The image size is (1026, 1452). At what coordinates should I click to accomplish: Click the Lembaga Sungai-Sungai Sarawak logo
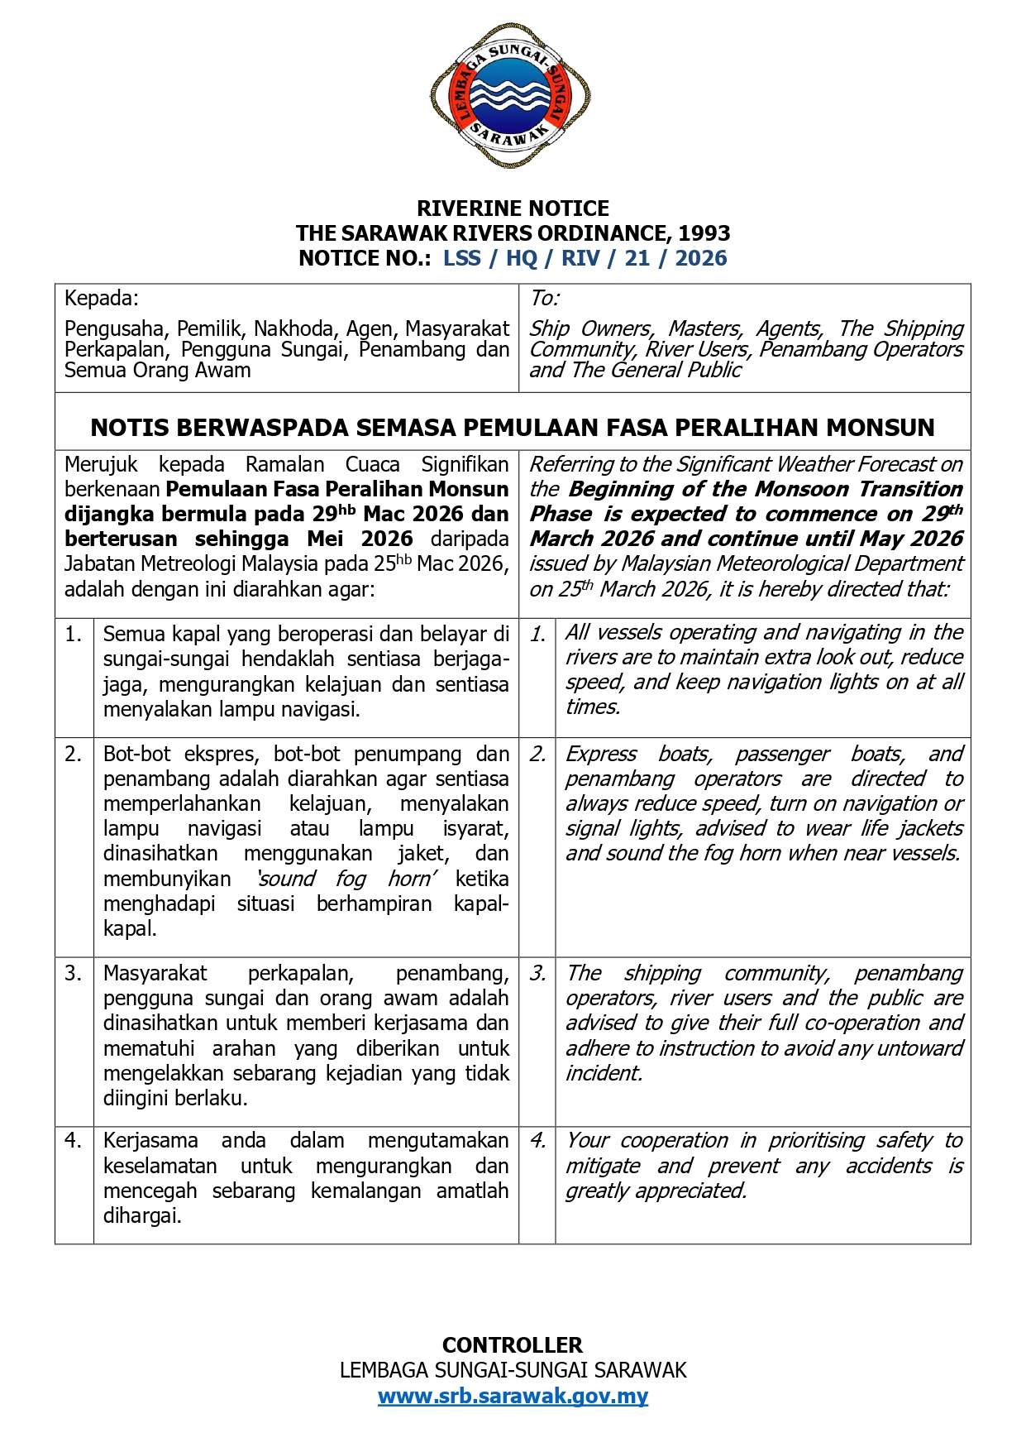coord(511,96)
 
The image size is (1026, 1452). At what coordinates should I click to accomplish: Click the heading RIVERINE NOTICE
coord(513,208)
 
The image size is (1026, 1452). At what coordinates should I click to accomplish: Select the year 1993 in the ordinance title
coord(704,232)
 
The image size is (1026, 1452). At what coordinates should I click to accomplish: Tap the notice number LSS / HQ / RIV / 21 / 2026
coord(585,258)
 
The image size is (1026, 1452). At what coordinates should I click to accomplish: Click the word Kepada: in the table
coord(102,298)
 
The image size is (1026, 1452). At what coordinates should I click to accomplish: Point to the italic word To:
coord(545,298)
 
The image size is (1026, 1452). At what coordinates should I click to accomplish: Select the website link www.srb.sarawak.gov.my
coord(513,1396)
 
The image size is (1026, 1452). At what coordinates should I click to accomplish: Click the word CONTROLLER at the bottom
coord(513,1344)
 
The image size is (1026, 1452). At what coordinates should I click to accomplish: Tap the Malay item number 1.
coord(74,635)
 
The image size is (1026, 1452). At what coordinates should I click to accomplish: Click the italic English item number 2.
coord(537,754)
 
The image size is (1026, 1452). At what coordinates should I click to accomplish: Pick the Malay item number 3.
coord(74,973)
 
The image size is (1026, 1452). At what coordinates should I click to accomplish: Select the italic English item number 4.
coord(537,1141)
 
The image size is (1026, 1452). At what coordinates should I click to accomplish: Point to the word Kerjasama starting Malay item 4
coord(150,1141)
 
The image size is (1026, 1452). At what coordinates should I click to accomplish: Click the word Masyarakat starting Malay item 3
coord(155,973)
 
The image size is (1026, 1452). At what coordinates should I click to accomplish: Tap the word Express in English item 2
coord(600,754)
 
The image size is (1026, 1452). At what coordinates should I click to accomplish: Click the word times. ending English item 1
coord(592,707)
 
